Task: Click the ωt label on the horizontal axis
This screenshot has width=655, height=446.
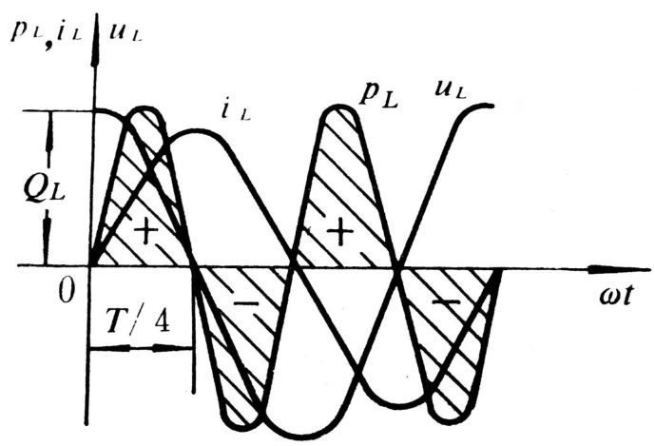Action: tap(616, 296)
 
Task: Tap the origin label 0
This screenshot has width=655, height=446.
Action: tap(66, 290)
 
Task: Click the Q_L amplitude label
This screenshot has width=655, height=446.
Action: tap(44, 189)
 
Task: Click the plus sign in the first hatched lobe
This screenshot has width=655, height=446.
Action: tap(144, 232)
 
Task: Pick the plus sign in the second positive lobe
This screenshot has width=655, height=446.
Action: tap(339, 231)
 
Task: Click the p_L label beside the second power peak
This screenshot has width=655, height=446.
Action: tap(379, 96)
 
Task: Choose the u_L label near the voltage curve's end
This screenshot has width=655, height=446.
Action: tap(450, 89)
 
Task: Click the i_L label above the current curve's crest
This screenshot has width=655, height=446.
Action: tap(236, 111)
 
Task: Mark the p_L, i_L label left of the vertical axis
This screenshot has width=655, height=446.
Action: tap(45, 31)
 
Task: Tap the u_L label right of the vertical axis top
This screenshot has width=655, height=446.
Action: tap(126, 32)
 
